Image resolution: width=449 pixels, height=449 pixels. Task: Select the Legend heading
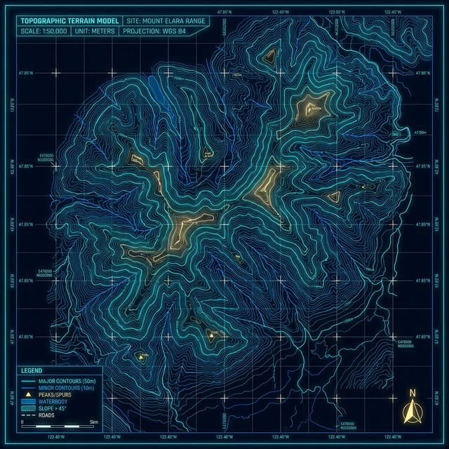[32, 370]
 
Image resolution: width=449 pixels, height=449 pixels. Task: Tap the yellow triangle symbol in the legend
[28, 396]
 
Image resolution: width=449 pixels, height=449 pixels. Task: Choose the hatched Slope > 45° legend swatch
[28, 409]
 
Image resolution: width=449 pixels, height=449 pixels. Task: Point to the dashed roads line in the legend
[28, 415]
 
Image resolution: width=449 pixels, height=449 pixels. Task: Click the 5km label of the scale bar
[95, 422]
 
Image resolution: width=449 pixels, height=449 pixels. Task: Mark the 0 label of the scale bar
[23, 422]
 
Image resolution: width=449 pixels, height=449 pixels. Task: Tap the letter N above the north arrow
[413, 392]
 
